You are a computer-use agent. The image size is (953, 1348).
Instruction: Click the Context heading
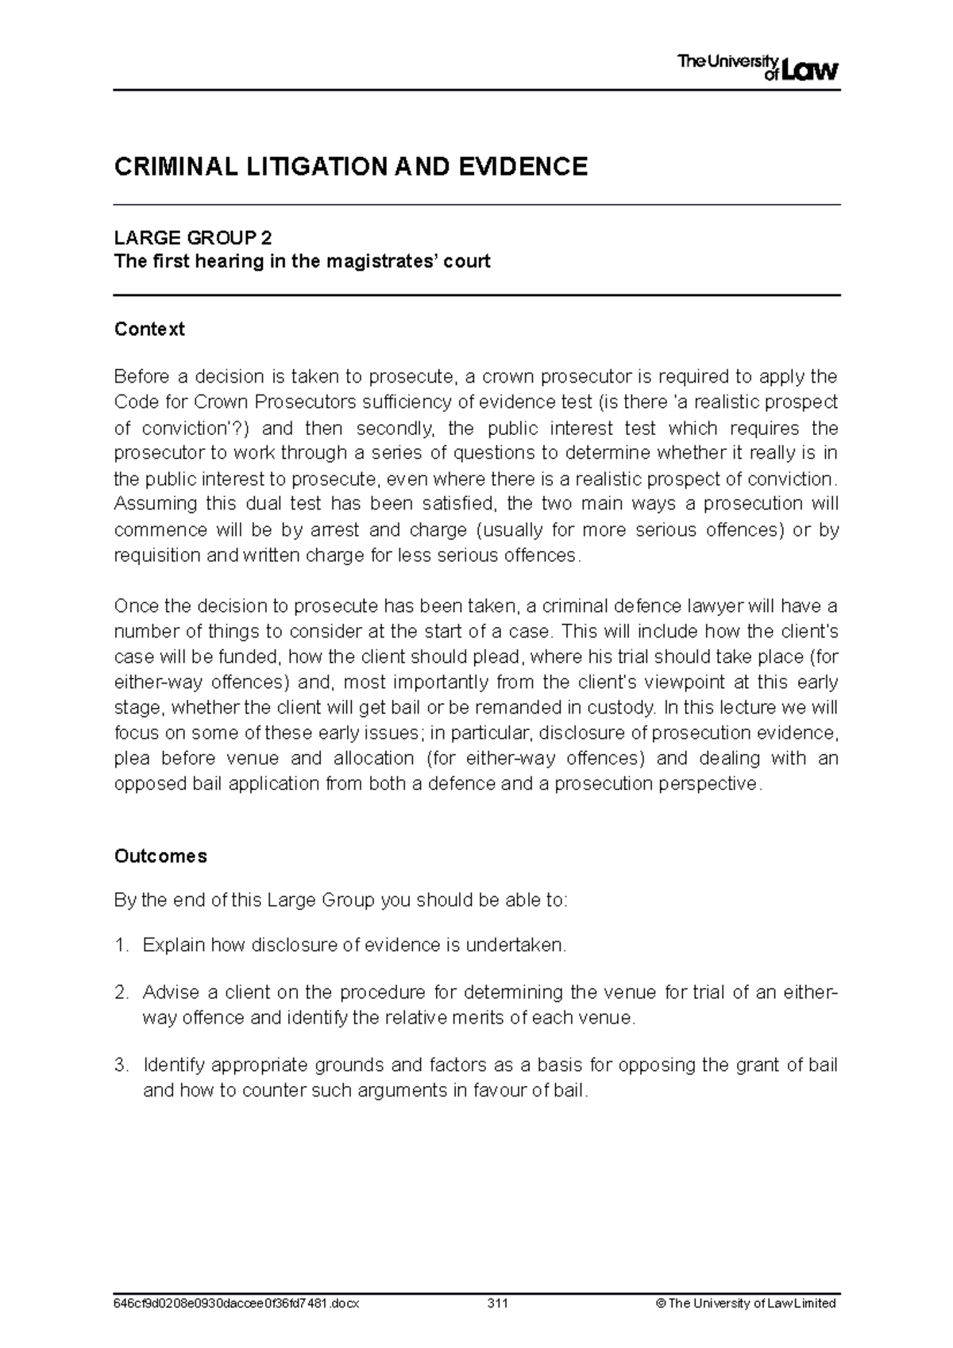149,329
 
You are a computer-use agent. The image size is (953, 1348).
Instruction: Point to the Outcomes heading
160,856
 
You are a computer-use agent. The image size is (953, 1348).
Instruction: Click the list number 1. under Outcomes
122,945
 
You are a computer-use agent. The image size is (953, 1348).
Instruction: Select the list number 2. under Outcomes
122,992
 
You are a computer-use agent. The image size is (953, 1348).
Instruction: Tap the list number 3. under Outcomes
122,1065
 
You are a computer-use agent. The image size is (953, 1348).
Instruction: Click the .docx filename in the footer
237,1304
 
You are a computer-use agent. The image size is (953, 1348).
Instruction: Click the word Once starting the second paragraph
136,607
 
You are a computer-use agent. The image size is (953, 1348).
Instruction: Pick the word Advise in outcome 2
168,992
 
